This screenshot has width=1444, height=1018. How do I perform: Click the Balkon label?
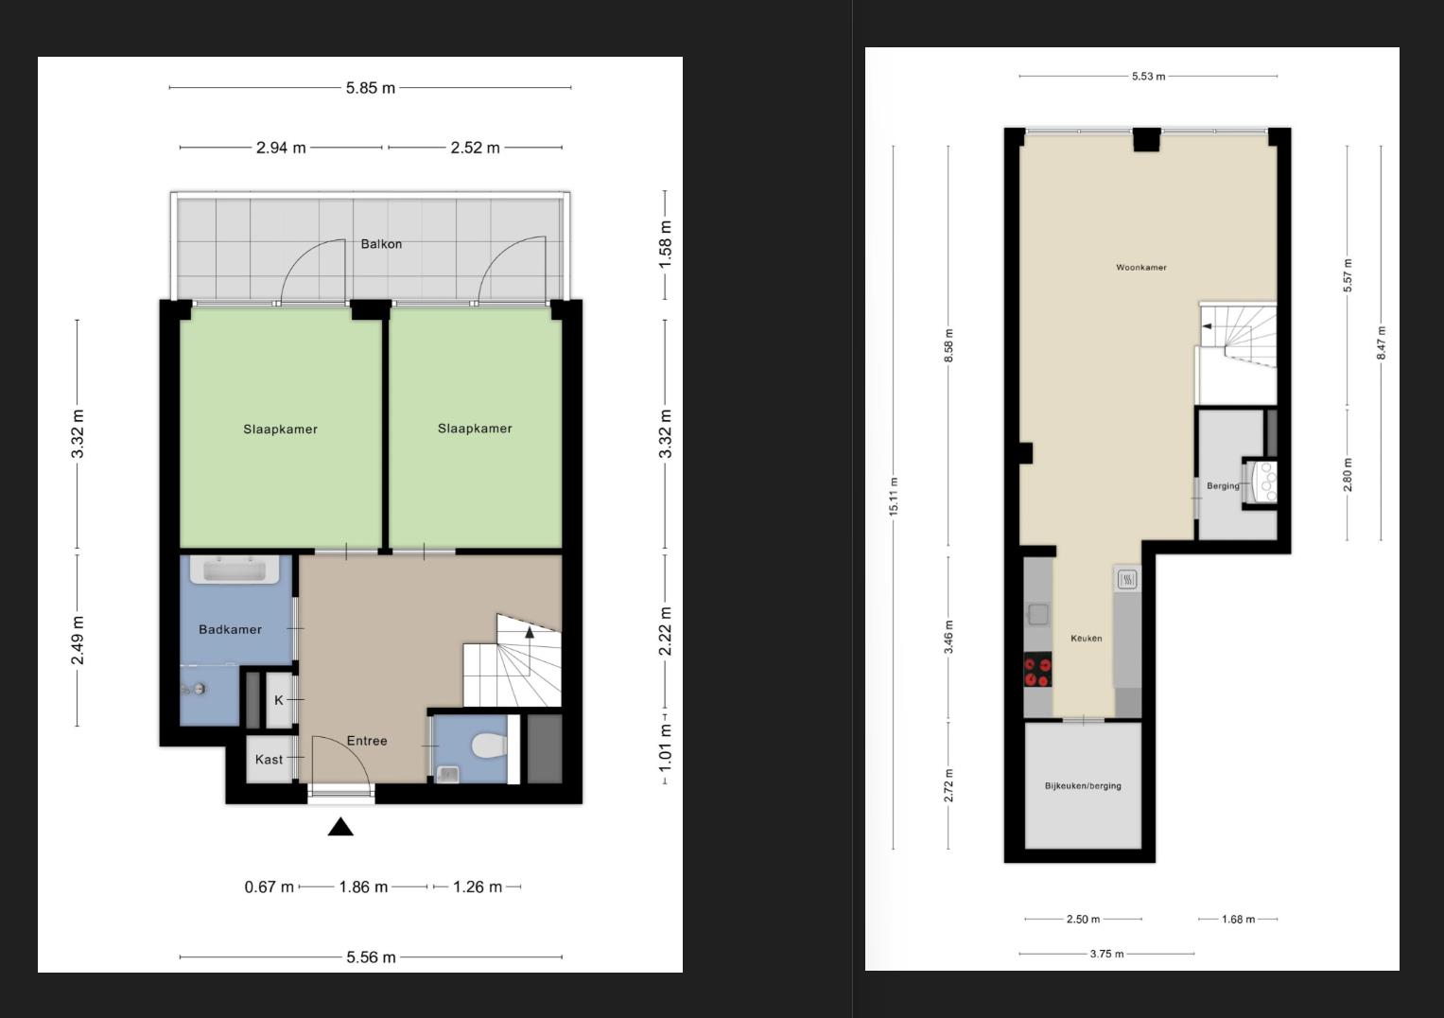click(x=381, y=244)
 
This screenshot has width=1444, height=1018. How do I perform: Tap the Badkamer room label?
click(x=230, y=630)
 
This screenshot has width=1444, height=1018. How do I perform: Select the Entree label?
click(x=367, y=741)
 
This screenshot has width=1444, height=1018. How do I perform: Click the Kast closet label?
click(x=269, y=760)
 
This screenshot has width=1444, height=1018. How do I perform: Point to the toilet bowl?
click(x=489, y=746)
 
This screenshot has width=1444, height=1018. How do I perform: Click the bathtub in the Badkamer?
click(x=235, y=570)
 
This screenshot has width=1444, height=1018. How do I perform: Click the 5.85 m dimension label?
click(x=371, y=88)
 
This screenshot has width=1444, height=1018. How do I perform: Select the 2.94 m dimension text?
click(x=281, y=148)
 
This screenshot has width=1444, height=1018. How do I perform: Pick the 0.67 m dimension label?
click(x=269, y=887)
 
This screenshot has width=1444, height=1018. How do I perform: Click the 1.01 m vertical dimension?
click(x=666, y=747)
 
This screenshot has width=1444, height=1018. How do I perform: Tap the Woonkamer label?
click(x=1141, y=267)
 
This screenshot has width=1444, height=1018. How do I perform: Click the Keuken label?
click(x=1087, y=638)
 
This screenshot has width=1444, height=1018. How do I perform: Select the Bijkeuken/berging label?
click(x=1083, y=786)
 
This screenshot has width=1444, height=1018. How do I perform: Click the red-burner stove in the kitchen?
click(x=1038, y=670)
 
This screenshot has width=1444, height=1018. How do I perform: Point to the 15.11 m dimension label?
click(x=894, y=496)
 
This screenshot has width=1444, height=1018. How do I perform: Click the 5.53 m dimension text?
click(x=1149, y=76)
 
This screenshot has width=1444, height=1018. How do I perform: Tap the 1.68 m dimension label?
click(x=1239, y=920)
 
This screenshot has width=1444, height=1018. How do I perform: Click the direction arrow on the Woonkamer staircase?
click(x=1208, y=326)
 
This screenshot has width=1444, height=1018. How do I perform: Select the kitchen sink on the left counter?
click(x=1037, y=614)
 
